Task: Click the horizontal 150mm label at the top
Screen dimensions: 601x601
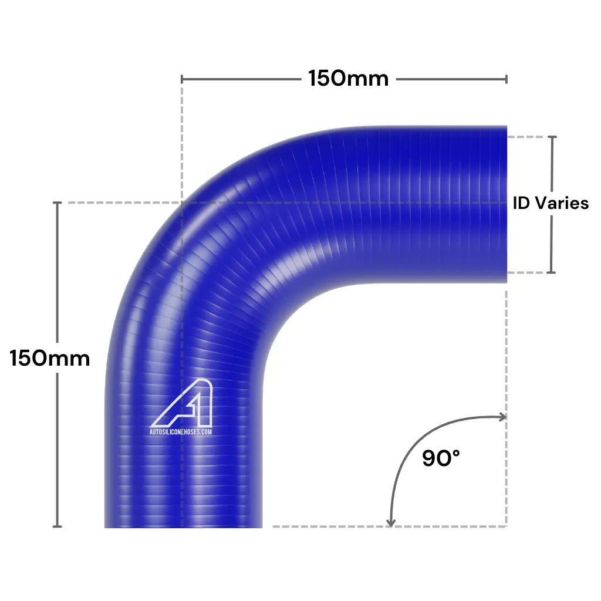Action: pos(349,79)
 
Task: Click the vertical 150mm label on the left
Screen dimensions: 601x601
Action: pos(50,358)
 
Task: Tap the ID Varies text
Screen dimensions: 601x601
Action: pos(551,203)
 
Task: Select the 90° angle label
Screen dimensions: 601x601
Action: pos(441,458)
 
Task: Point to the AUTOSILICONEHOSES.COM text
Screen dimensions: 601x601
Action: pos(181,431)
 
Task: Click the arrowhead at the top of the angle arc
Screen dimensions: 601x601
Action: pos(502,417)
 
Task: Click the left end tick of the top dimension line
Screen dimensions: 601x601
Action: pos(182,79)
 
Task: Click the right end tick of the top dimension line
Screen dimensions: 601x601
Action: pos(506,79)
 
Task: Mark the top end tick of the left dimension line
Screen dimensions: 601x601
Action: pos(57,202)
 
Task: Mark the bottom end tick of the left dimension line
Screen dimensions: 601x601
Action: pos(57,526)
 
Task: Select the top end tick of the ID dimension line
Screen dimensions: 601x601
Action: pos(551,137)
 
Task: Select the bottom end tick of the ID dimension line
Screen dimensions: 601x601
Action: pos(551,272)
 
